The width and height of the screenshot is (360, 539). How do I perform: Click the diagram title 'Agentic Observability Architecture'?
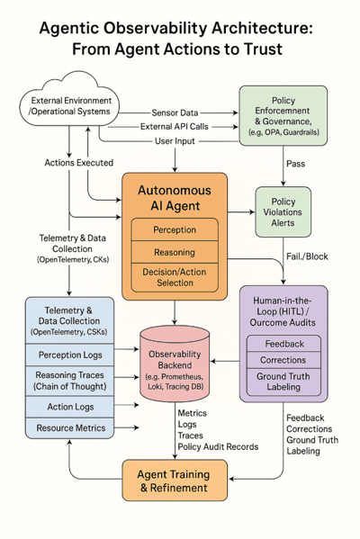(177, 29)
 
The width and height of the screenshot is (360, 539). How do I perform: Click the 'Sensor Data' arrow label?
(175, 112)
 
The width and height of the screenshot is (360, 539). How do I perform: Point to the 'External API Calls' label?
(175, 127)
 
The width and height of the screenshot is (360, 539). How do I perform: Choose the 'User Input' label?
(175, 141)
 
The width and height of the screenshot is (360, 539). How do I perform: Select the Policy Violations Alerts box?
(283, 211)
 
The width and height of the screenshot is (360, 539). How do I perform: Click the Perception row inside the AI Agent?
(175, 230)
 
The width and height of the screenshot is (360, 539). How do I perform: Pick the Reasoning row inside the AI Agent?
(175, 253)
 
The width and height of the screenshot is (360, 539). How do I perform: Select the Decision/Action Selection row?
(175, 278)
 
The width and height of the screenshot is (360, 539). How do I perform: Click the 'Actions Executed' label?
(78, 163)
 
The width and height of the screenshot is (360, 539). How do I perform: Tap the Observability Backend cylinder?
(175, 364)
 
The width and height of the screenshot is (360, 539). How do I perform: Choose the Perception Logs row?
(69, 355)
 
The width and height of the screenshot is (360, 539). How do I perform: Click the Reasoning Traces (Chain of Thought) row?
(69, 381)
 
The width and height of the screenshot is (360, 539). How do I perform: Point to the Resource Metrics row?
(69, 427)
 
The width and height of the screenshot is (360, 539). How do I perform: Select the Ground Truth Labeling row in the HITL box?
(283, 382)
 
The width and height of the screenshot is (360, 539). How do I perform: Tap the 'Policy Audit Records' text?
(219, 446)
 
